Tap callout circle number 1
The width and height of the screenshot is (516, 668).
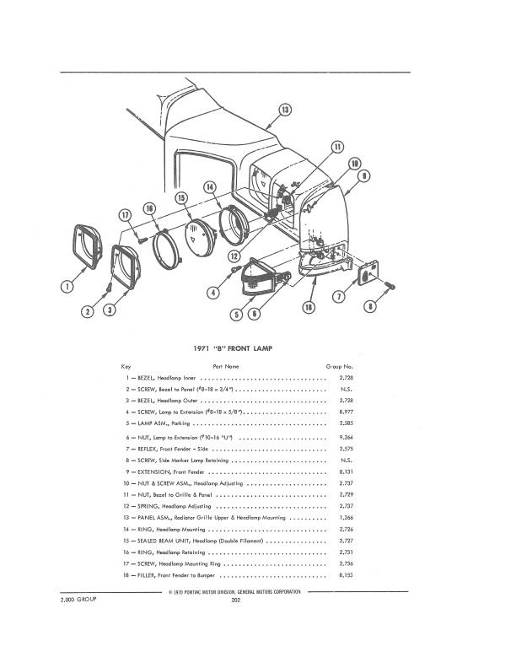point(66,287)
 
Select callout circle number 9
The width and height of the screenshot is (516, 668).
point(364,176)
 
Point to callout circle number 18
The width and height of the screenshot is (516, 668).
point(309,309)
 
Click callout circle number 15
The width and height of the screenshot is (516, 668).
point(180,198)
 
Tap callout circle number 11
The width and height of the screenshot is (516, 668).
point(336,147)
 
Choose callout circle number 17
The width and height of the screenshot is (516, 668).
point(126,215)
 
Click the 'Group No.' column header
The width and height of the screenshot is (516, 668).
point(339,367)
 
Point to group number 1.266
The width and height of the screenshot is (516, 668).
point(344,516)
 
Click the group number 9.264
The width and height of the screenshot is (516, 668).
point(344,439)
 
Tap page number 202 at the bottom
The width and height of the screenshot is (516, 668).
point(236,601)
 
